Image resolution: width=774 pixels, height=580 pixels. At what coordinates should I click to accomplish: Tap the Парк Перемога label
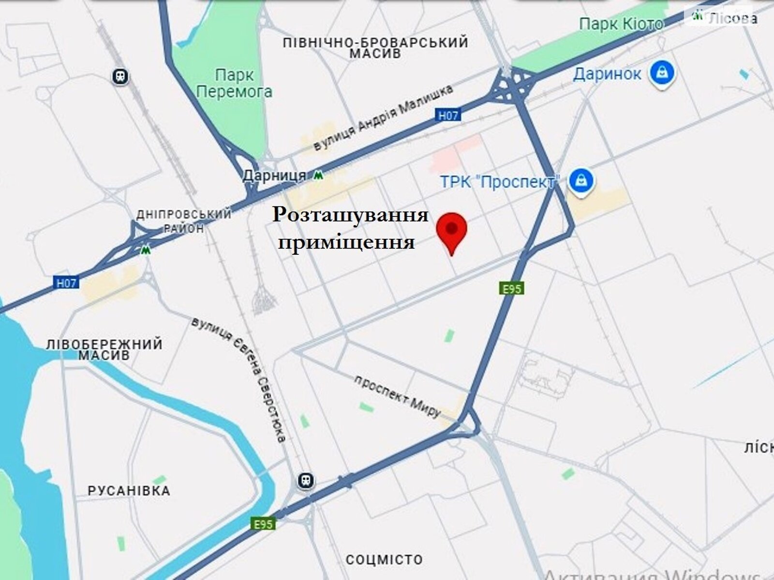[x=235, y=83]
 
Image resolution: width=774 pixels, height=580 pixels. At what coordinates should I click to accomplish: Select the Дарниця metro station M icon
[x=318, y=175]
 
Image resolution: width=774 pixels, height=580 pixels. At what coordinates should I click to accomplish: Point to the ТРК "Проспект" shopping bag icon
[x=579, y=181]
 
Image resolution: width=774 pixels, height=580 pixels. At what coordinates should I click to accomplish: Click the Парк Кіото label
[x=621, y=24]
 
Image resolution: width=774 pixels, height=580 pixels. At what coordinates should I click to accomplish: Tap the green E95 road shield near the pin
[x=511, y=289]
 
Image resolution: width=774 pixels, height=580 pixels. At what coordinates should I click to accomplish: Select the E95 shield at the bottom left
[x=263, y=524]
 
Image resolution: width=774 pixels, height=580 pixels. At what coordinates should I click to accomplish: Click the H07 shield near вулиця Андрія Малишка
[x=448, y=115]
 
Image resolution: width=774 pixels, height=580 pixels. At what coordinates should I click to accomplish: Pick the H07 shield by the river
[x=66, y=283]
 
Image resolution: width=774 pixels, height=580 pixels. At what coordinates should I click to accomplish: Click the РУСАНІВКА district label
[x=129, y=491]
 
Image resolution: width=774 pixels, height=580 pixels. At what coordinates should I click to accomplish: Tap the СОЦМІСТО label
[x=384, y=560]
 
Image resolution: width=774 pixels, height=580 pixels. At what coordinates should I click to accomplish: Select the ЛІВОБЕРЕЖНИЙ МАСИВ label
[x=104, y=349]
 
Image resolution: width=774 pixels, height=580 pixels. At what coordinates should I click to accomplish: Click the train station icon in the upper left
[x=120, y=76]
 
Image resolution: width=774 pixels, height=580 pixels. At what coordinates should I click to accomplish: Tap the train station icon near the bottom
[x=306, y=480]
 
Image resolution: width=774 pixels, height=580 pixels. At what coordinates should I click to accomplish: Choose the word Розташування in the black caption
[x=351, y=215]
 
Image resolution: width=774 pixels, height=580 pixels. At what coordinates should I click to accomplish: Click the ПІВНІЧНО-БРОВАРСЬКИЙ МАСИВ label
[x=375, y=47]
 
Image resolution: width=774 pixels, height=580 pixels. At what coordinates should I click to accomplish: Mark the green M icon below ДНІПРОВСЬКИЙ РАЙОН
[x=145, y=250]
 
